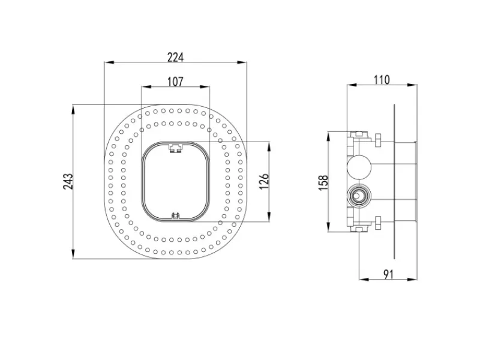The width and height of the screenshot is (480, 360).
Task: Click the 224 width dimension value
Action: click(x=175, y=57)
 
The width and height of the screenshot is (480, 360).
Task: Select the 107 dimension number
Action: click(x=175, y=82)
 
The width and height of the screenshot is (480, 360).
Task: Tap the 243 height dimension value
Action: click(x=68, y=181)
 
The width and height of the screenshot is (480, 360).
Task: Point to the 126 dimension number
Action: click(x=264, y=181)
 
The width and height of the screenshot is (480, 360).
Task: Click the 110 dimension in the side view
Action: click(x=382, y=80)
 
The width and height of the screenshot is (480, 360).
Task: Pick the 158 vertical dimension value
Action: click(x=323, y=183)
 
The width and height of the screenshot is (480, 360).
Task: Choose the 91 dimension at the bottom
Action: click(x=388, y=275)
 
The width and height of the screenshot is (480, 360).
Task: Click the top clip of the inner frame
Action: click(x=175, y=148)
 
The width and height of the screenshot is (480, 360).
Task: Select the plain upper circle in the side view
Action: click(x=359, y=167)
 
